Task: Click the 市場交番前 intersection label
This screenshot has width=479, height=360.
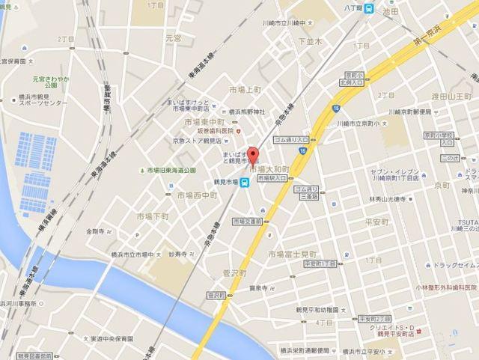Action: [x=246, y=221]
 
